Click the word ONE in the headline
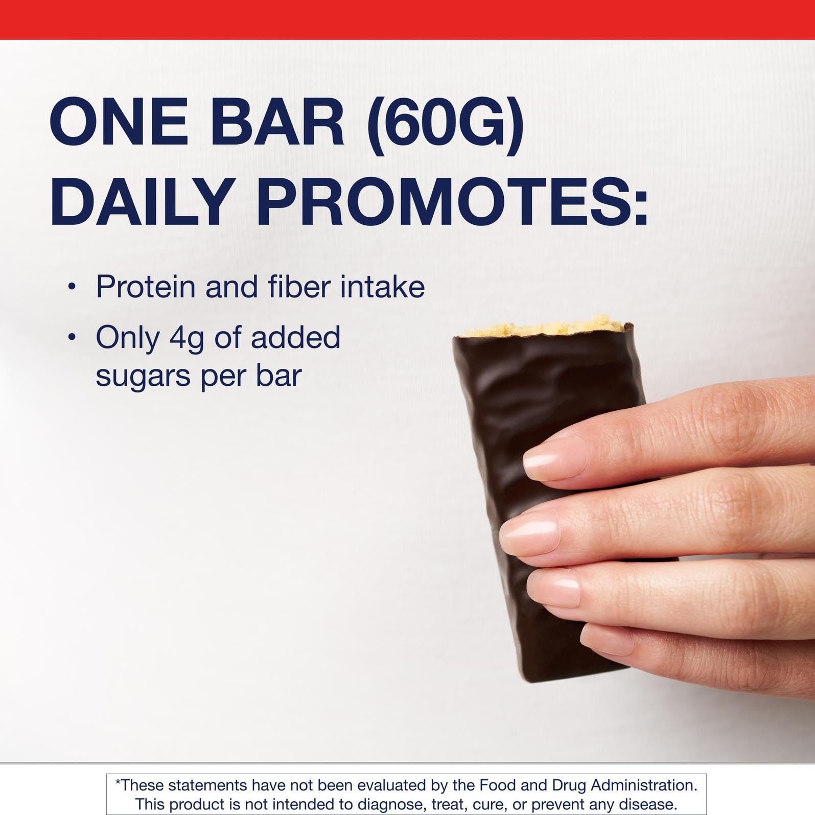119,125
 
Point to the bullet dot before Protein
72,287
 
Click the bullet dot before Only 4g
72,337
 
